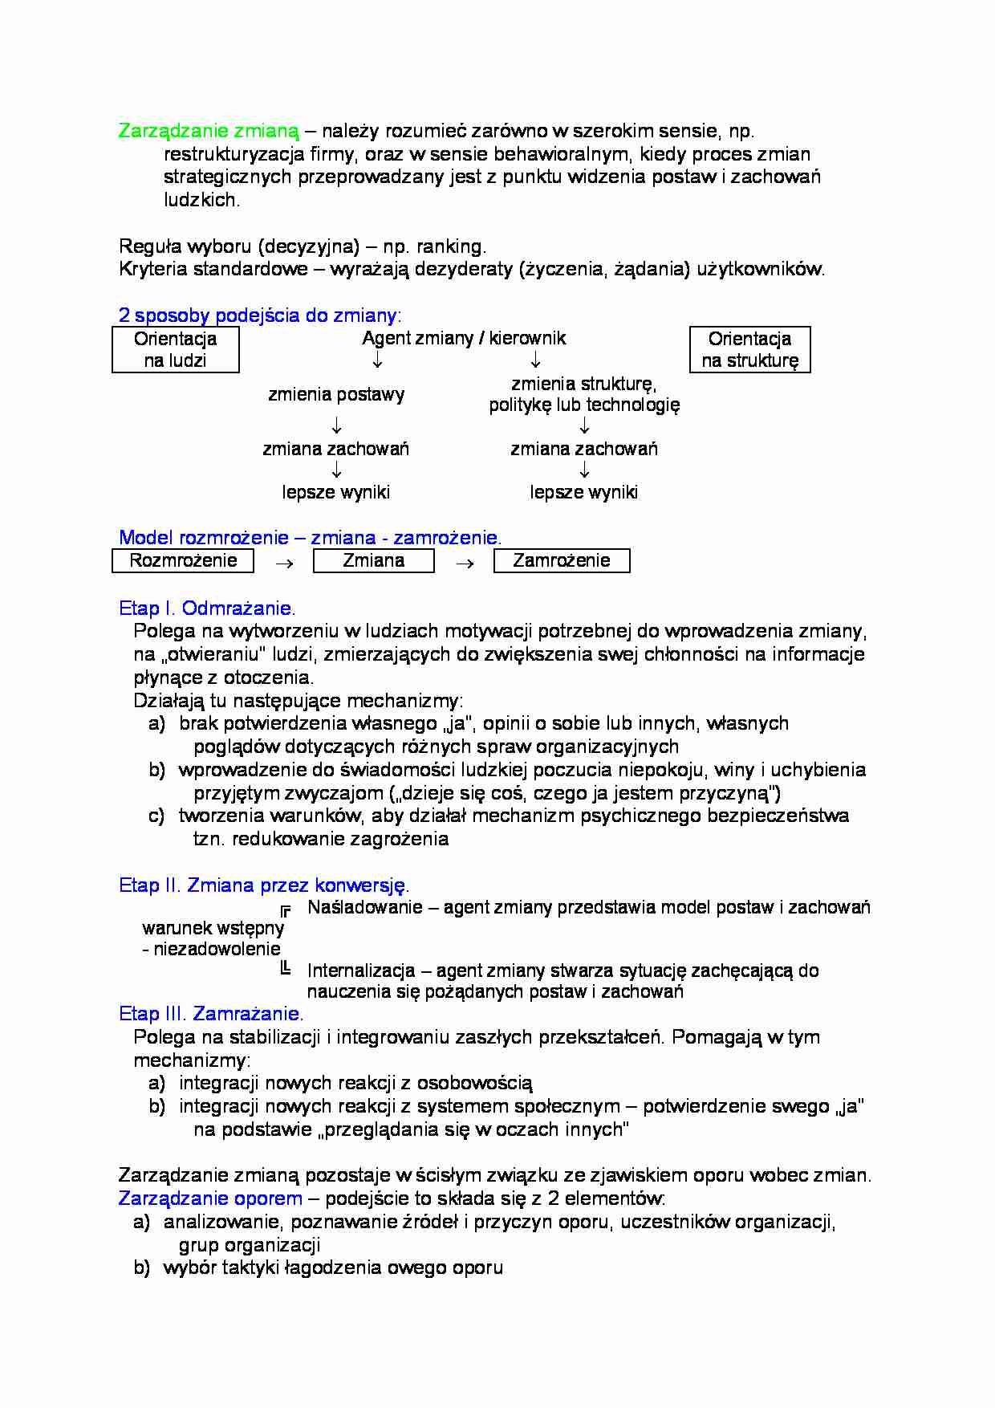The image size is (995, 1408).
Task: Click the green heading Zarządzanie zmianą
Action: click(209, 131)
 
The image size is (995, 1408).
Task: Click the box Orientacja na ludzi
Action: click(175, 349)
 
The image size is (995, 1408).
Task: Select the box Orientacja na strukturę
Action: click(749, 349)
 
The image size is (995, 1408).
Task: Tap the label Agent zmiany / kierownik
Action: click(464, 338)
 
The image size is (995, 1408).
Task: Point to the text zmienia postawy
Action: click(336, 394)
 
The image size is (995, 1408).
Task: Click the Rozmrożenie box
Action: click(183, 560)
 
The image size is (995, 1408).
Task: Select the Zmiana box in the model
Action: click(373, 560)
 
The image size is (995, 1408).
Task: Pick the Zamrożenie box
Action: click(561, 560)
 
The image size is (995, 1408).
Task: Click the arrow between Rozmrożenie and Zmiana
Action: click(283, 564)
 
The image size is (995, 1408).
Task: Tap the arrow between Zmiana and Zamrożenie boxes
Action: click(464, 564)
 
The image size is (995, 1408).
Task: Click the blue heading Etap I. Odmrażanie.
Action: click(207, 608)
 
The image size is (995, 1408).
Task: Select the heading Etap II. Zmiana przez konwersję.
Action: click(264, 885)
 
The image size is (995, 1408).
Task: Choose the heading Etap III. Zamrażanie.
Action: click(211, 1013)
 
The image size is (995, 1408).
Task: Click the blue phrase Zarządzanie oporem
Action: click(210, 1198)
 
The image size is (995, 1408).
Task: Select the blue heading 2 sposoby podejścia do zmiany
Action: click(260, 315)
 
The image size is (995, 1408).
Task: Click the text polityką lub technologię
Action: click(584, 405)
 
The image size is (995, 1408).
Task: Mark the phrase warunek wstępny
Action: click(213, 928)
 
